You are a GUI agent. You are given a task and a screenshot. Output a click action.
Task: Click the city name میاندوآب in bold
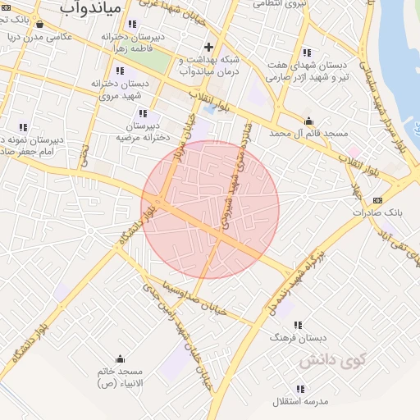pyautogui.click(x=92, y=8)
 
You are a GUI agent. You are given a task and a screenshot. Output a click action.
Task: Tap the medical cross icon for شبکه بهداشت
pyautogui.click(x=208, y=47)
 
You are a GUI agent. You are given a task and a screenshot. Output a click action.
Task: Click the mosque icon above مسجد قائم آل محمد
pyautogui.click(x=308, y=121)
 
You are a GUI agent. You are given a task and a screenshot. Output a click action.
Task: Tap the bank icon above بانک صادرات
pyautogui.click(x=377, y=200)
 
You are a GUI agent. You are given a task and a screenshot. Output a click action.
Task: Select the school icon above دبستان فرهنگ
pyautogui.click(x=297, y=325)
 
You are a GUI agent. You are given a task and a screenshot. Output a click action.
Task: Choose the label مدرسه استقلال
pyautogui.click(x=301, y=401)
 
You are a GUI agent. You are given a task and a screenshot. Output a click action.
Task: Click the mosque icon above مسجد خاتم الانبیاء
pyautogui.click(x=121, y=358)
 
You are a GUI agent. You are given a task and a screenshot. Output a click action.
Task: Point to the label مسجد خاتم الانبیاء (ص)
pyautogui.click(x=120, y=377)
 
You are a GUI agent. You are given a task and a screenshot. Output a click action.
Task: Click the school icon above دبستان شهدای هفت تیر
pyautogui.click(x=307, y=52)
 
